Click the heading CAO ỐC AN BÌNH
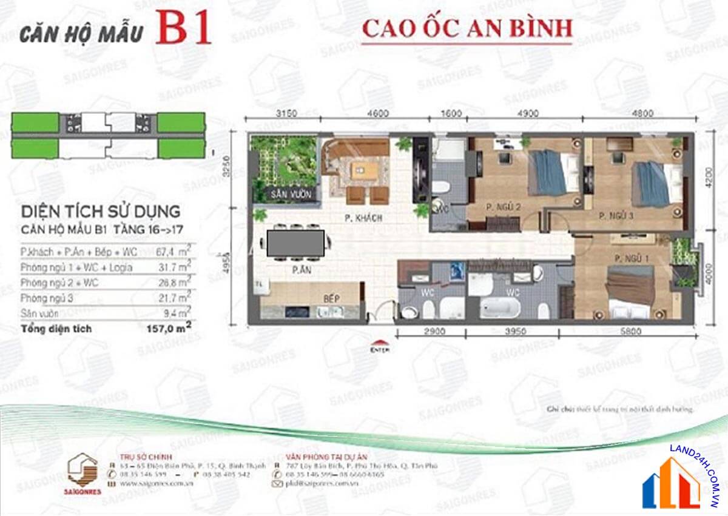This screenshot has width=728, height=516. (x=467, y=28)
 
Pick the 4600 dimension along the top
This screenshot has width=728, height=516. (x=377, y=112)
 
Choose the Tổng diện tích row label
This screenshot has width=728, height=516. (x=56, y=329)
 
